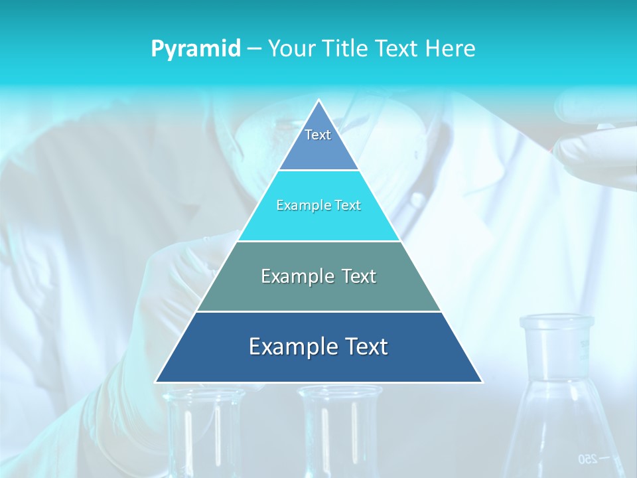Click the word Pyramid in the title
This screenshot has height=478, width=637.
[x=196, y=49]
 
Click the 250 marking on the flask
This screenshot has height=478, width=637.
[x=587, y=459]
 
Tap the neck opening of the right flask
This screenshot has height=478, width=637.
[x=556, y=323]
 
